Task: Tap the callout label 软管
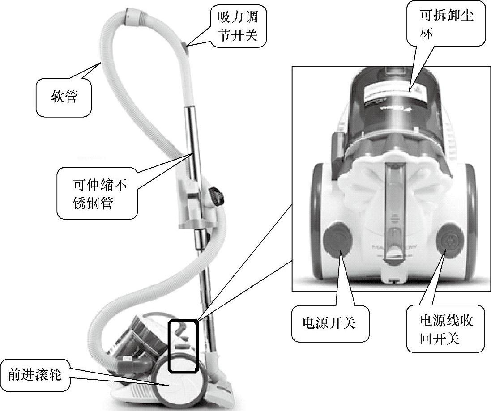[x=64, y=96]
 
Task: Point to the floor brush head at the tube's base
[x=222, y=385]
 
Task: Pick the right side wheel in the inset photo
[x=470, y=210]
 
